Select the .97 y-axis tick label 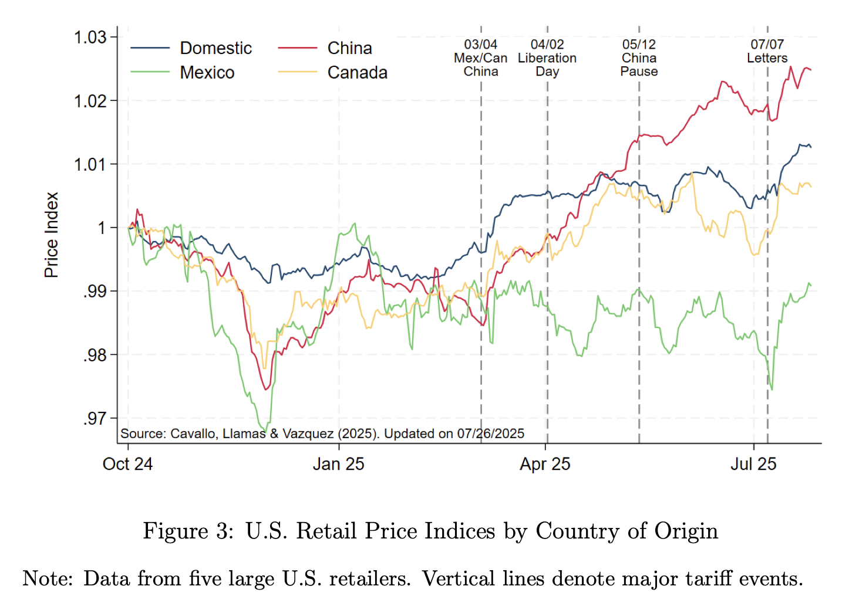(x=95, y=419)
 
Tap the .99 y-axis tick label (x=95, y=292)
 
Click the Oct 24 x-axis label (x=127, y=464)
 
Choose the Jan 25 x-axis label (x=338, y=464)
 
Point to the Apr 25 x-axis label (x=545, y=464)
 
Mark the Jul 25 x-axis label (x=753, y=464)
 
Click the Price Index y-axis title (x=52, y=235)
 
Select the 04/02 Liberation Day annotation (x=547, y=58)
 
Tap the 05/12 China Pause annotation (x=639, y=58)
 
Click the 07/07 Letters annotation (x=767, y=52)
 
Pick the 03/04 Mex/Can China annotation (x=480, y=58)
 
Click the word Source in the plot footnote (x=143, y=433)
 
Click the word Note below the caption (x=47, y=579)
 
